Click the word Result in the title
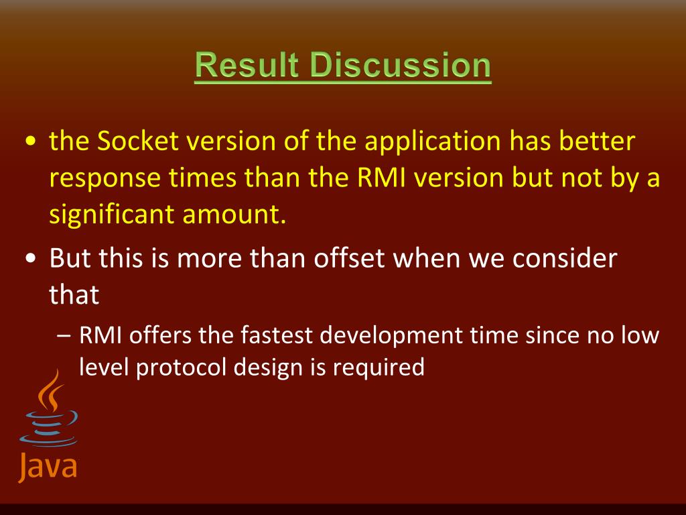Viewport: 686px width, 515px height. coord(247,65)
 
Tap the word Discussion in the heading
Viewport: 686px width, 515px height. coord(401,65)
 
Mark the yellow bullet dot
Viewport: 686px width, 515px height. coord(31,141)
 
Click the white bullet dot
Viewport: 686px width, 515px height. coord(31,258)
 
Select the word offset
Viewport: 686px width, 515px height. coord(349,257)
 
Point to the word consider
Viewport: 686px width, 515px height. coord(565,257)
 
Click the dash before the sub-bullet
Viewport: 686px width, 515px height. coord(64,335)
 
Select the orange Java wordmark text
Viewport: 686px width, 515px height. coord(48,467)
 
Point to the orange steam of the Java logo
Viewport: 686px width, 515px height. coord(50,391)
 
